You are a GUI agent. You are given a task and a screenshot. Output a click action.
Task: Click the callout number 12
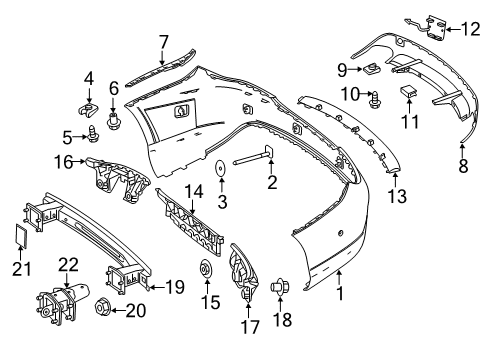point(471,29)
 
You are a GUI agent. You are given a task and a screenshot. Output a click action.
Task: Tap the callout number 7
point(164,43)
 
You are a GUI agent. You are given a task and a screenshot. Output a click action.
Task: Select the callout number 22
point(68,265)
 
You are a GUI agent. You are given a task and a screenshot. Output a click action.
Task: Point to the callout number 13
point(397,196)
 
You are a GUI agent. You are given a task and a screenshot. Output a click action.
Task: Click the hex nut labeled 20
point(103,307)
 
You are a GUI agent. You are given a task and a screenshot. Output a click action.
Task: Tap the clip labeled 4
point(89,110)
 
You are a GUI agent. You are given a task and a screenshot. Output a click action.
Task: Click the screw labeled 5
point(91,133)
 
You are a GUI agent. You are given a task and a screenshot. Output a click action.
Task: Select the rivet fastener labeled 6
point(114,121)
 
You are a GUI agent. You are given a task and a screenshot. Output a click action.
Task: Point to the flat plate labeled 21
point(21,236)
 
